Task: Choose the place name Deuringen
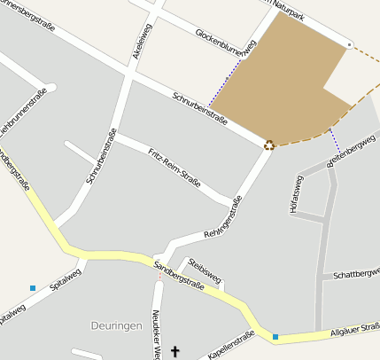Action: coord(116,325)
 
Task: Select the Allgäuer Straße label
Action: coord(355,331)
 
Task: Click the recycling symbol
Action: coord(268,145)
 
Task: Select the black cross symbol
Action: coord(174,352)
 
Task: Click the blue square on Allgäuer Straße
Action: coord(275,337)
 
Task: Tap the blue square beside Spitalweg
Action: coord(33,288)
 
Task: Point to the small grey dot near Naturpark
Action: coord(349,43)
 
